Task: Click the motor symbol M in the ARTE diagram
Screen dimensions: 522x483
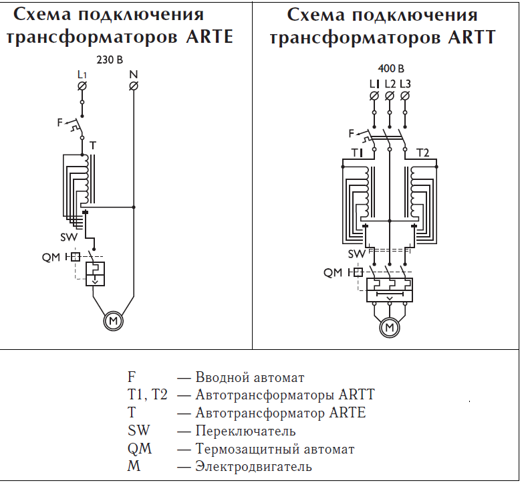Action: click(113, 321)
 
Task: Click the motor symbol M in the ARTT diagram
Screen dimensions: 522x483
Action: click(390, 328)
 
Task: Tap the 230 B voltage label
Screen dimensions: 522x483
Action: click(110, 60)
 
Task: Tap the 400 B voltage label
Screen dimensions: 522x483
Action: click(391, 69)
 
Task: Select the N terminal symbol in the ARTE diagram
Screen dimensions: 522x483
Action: click(134, 86)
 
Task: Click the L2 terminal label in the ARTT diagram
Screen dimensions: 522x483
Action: click(390, 84)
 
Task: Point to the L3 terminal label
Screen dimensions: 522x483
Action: click(405, 84)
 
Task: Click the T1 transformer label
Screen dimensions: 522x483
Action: click(356, 153)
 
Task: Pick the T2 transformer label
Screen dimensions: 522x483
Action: click(423, 153)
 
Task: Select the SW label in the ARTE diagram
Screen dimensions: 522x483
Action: click(69, 237)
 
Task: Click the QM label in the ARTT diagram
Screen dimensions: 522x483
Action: click(333, 273)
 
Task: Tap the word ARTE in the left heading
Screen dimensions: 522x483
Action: click(209, 36)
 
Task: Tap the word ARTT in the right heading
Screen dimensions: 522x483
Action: click(472, 37)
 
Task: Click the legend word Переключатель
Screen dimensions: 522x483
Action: click(245, 431)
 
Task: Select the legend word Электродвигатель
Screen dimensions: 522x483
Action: click(254, 466)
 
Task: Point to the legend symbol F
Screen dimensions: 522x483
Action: click(131, 377)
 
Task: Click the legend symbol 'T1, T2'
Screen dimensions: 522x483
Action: click(147, 395)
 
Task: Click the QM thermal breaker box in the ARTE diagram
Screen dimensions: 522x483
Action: click(95, 274)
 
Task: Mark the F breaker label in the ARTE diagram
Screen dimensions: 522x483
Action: click(60, 122)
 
